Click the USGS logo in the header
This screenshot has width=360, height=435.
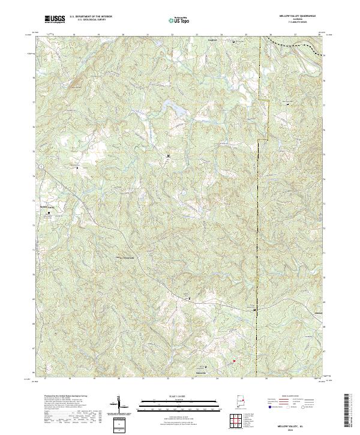coord(55,19)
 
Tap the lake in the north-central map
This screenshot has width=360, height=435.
coord(173,110)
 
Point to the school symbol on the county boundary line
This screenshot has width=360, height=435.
coord(255,310)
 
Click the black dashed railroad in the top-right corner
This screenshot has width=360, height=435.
coord(294,44)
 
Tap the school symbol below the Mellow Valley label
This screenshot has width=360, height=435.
coord(49,212)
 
